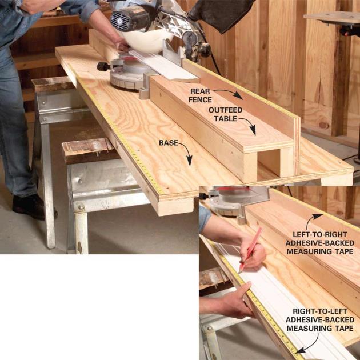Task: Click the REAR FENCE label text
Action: (200, 95)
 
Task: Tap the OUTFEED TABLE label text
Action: (225, 114)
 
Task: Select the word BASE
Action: (169, 143)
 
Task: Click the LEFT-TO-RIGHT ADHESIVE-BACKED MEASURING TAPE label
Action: (320, 243)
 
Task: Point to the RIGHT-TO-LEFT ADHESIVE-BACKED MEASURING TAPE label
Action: (320, 320)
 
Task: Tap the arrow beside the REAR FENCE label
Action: (229, 93)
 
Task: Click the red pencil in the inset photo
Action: (250, 250)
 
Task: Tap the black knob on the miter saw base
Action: (102, 67)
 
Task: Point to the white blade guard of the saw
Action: (147, 41)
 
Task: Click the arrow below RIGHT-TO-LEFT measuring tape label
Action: (309, 345)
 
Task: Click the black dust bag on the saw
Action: (221, 14)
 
